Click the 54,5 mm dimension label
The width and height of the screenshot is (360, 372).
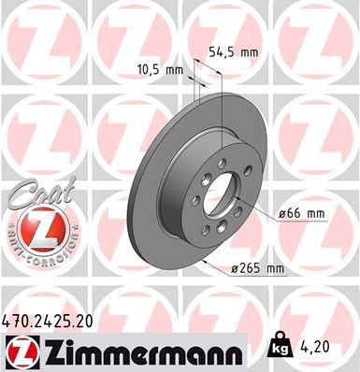(233, 52)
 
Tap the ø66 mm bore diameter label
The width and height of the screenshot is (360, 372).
(301, 214)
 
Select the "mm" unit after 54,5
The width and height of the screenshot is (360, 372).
(248, 52)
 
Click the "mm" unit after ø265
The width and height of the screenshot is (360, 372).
(275, 268)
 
